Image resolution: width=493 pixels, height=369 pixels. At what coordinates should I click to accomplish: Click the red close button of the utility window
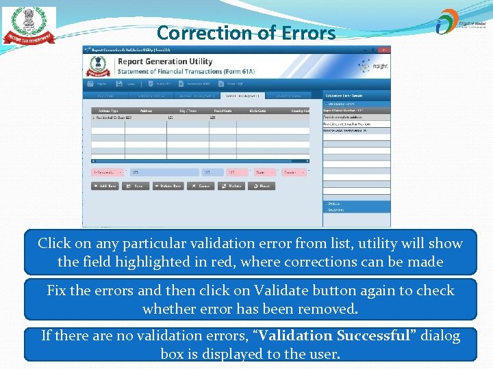[x=384, y=50]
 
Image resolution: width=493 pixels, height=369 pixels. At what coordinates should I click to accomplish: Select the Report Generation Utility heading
[x=164, y=61]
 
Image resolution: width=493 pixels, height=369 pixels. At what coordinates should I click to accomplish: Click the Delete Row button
[x=168, y=186]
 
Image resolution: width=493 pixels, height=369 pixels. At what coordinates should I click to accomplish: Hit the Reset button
[x=262, y=186]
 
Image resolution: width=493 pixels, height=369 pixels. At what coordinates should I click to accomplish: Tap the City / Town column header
[x=188, y=111]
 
